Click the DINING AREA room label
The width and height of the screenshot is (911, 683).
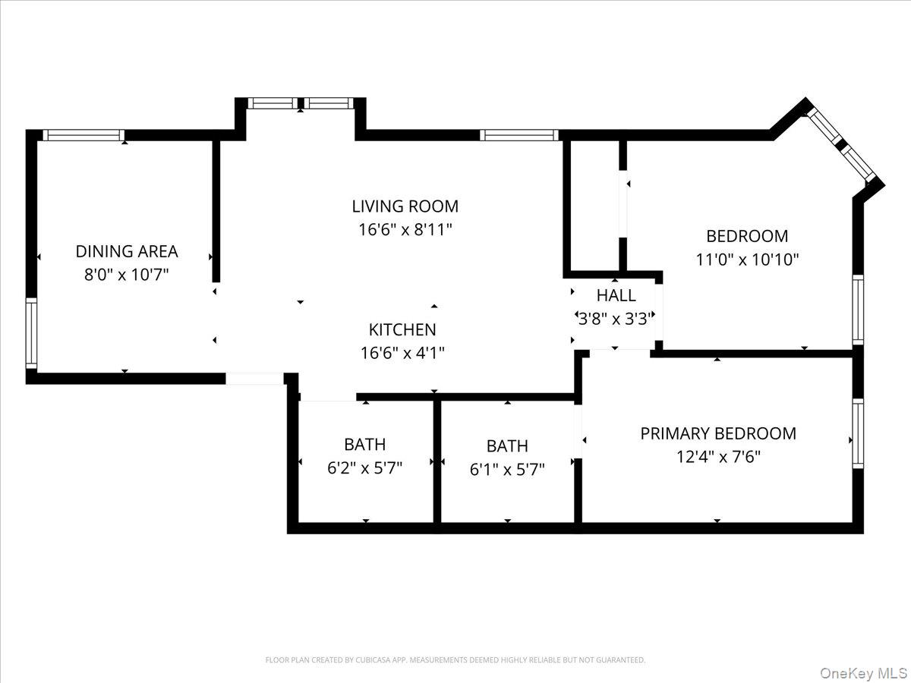pyautogui.click(x=126, y=251)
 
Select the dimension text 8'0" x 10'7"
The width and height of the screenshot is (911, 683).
pyautogui.click(x=126, y=274)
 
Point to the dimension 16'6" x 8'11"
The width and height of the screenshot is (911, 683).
pyautogui.click(x=405, y=229)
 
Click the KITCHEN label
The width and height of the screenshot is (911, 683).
pyautogui.click(x=402, y=329)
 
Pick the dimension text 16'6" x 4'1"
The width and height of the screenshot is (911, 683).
pyautogui.click(x=402, y=353)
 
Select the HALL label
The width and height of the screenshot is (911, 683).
pyautogui.click(x=616, y=295)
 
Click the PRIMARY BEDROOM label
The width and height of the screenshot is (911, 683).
pyautogui.click(x=718, y=433)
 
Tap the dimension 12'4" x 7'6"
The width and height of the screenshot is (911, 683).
pyautogui.click(x=718, y=457)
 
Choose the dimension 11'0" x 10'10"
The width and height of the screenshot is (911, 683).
pyautogui.click(x=747, y=259)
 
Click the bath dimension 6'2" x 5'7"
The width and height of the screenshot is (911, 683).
pyautogui.click(x=364, y=467)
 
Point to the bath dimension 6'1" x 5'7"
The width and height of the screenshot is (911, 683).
pyautogui.click(x=507, y=469)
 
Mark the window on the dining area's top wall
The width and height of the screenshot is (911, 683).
pyautogui.click(x=83, y=135)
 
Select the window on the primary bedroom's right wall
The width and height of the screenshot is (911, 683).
pyautogui.click(x=858, y=433)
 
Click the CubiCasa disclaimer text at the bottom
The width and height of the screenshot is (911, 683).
pyautogui.click(x=455, y=660)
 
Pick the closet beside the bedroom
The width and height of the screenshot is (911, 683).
pyautogui.click(x=595, y=205)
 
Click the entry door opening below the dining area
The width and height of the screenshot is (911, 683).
pyautogui.click(x=254, y=378)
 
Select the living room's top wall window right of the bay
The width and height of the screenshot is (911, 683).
pyautogui.click(x=519, y=135)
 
